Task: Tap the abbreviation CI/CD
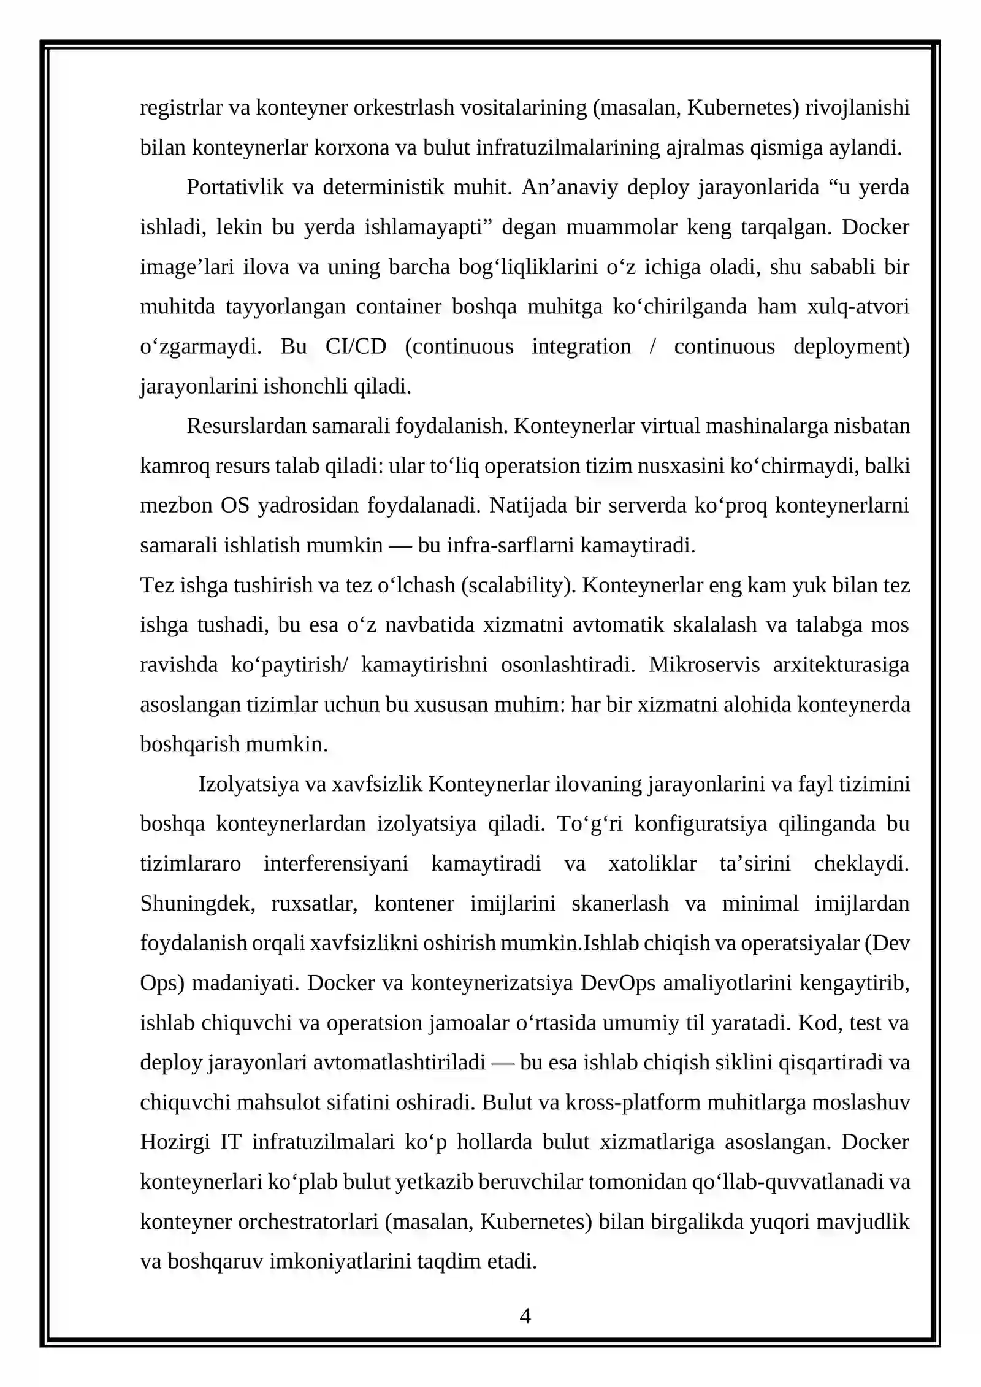(356, 346)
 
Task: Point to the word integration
(581, 346)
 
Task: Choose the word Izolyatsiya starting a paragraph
(248, 784)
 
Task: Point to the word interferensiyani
(335, 864)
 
